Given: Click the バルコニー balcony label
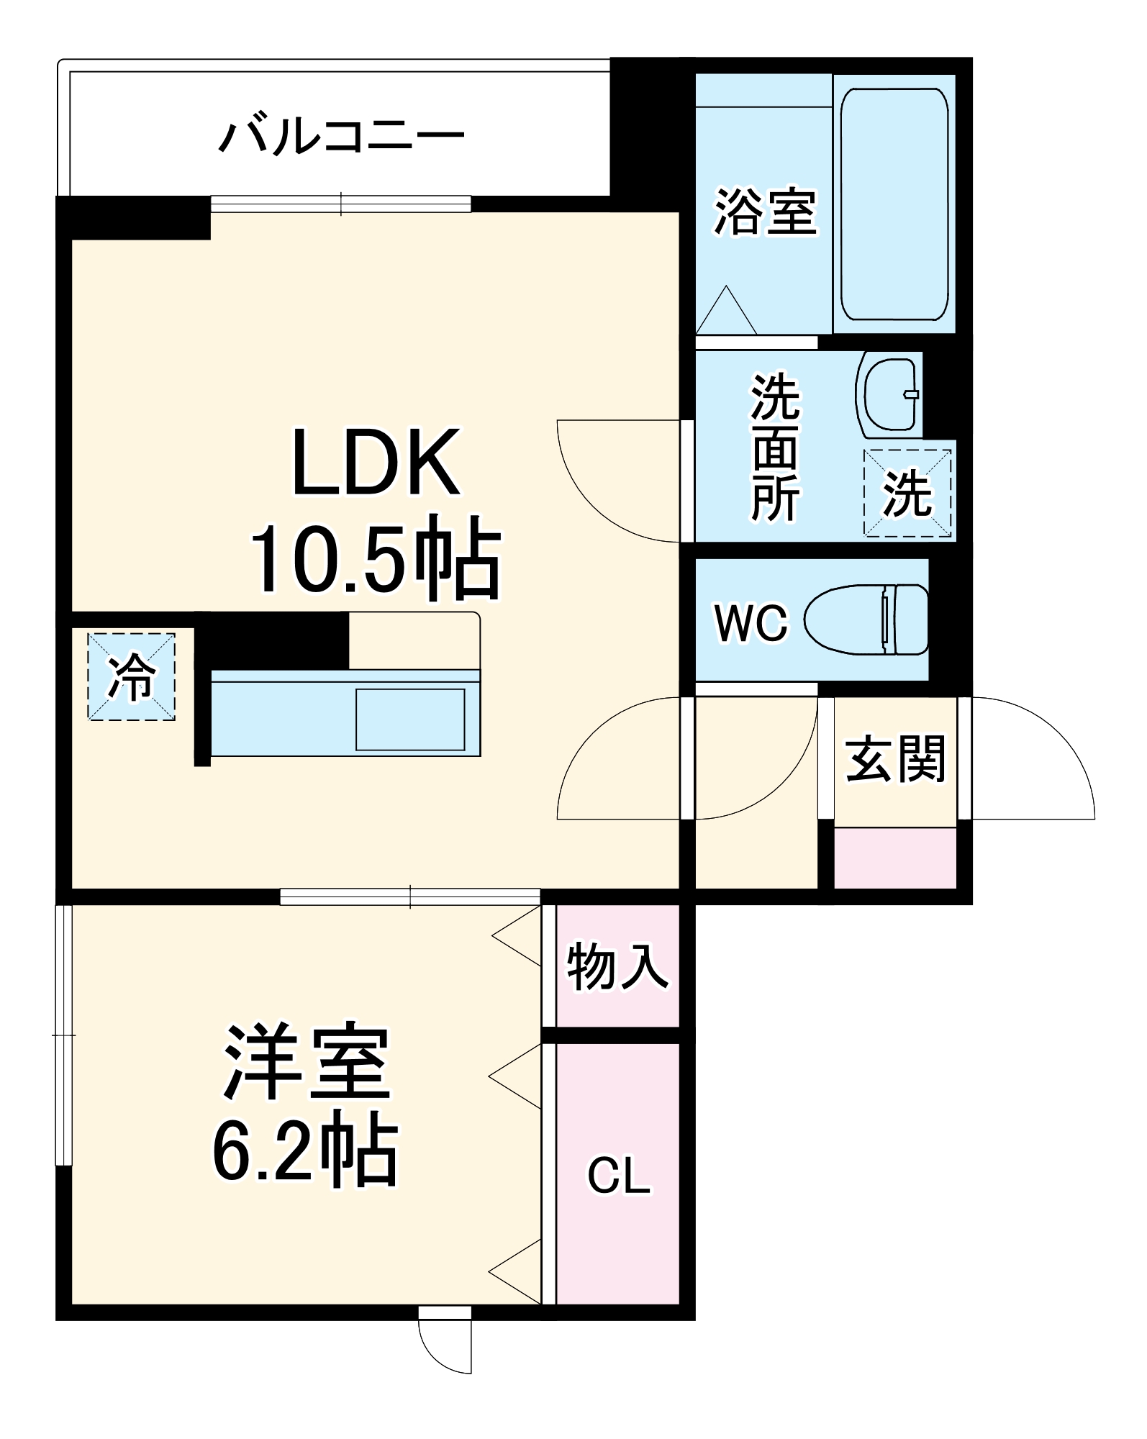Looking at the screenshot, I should [x=341, y=137].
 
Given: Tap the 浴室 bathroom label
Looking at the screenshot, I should [x=765, y=212].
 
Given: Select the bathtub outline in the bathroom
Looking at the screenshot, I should [x=894, y=204].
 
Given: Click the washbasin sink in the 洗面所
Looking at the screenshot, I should [x=890, y=394].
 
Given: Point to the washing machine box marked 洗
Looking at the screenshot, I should [x=907, y=493].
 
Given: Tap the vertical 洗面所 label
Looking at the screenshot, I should [x=775, y=447].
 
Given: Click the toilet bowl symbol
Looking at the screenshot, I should [x=866, y=619].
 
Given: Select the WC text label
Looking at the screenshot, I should [x=751, y=623].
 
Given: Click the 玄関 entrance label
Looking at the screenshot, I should [x=894, y=759].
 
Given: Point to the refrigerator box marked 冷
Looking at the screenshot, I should [x=132, y=676].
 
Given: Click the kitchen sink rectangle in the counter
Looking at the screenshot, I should [x=410, y=719].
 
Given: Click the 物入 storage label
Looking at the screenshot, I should [x=617, y=967].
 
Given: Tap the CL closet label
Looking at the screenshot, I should [x=619, y=1177].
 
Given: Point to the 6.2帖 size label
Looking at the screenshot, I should [x=305, y=1152].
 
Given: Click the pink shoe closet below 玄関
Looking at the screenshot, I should [x=895, y=858].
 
